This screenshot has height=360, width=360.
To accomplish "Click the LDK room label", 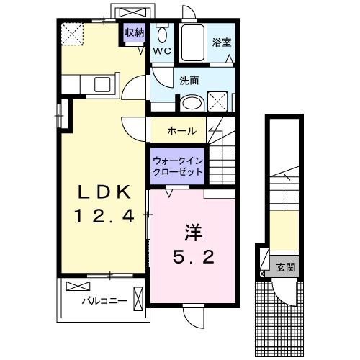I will (104, 192).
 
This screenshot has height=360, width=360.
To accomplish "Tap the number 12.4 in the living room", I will (104, 215).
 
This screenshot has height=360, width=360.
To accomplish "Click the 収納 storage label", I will (135, 32).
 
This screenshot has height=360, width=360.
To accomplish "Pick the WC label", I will (162, 51).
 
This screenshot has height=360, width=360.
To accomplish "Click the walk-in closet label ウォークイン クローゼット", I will (177, 168).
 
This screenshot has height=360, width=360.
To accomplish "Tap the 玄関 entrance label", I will (286, 267).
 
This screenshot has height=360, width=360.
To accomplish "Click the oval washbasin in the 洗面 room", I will (192, 103).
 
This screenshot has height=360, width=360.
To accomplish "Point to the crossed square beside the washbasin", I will (220, 102).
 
